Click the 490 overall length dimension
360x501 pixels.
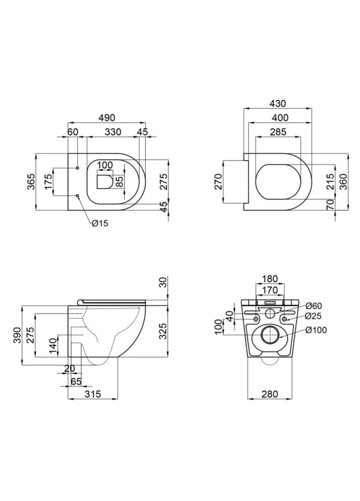tap(106, 117)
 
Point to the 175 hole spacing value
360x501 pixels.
tap(48, 181)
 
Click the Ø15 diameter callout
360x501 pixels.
tap(100, 222)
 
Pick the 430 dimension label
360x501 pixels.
tap(277, 104)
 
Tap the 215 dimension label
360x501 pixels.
tap(329, 181)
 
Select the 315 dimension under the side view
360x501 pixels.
tap(92, 393)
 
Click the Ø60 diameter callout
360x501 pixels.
tap(313, 305)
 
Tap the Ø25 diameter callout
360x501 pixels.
tap(313, 316)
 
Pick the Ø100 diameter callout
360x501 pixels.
tap(316, 330)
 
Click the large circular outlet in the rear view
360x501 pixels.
tap(271, 336)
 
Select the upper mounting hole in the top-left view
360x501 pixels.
tap(77, 168)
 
